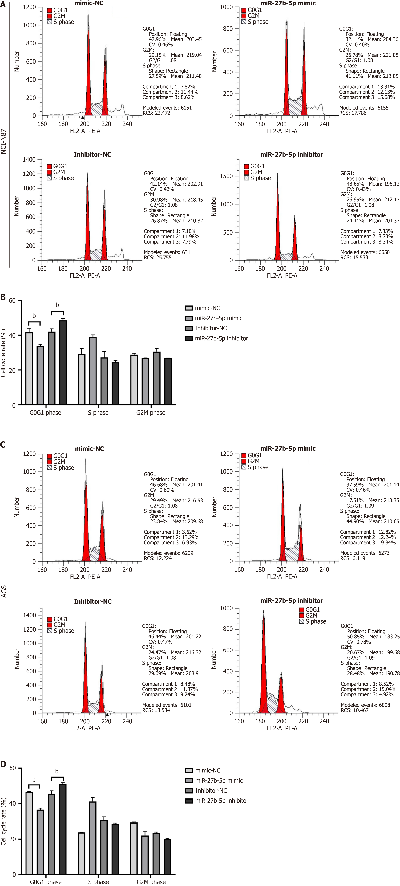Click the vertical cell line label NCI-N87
tap(4, 141)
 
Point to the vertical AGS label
tap(4, 592)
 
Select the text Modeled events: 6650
tap(365, 252)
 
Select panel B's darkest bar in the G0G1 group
tap(63, 362)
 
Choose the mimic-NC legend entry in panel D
tap(208, 770)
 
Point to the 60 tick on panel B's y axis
tap(12, 301)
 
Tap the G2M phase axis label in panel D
tap(151, 882)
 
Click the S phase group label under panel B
tap(98, 412)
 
